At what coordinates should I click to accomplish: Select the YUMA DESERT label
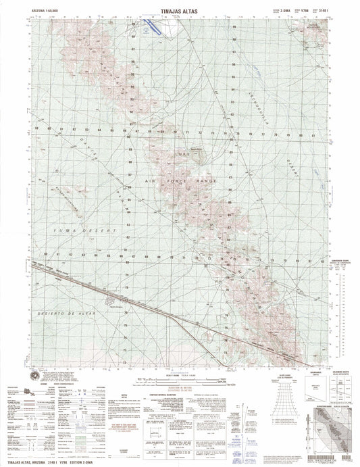90,232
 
